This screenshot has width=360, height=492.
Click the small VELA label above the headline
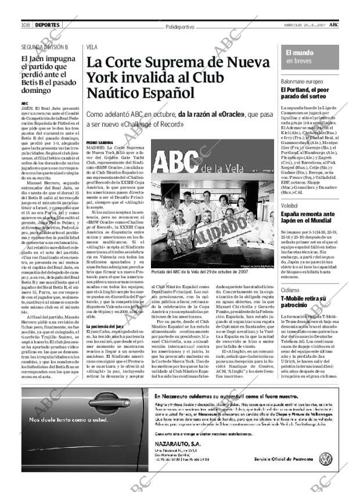pos(92,46)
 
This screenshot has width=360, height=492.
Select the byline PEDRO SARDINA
pos(99,142)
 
